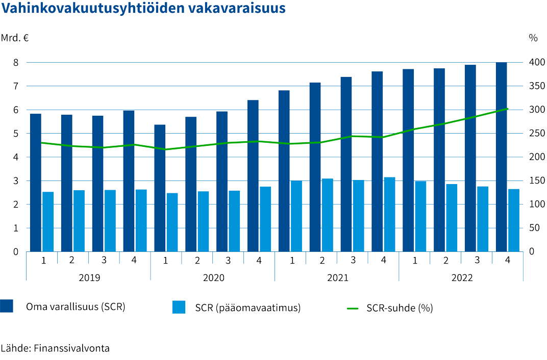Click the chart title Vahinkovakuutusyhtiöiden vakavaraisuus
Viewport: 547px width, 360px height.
point(143,10)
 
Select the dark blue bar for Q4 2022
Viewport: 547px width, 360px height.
point(501,157)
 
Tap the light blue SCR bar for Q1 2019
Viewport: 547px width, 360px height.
point(48,221)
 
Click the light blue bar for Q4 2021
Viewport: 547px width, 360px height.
point(389,214)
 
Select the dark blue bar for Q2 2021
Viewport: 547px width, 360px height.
point(315,167)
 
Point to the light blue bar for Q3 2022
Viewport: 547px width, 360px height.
point(483,219)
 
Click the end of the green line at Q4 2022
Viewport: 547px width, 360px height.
point(507,109)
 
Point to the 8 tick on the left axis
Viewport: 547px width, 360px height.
point(16,63)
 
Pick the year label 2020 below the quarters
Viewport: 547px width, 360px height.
point(213,278)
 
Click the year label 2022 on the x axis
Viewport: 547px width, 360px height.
point(462,278)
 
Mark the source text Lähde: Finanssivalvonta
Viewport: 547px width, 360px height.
point(55,349)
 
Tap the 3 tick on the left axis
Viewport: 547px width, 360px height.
point(16,181)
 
